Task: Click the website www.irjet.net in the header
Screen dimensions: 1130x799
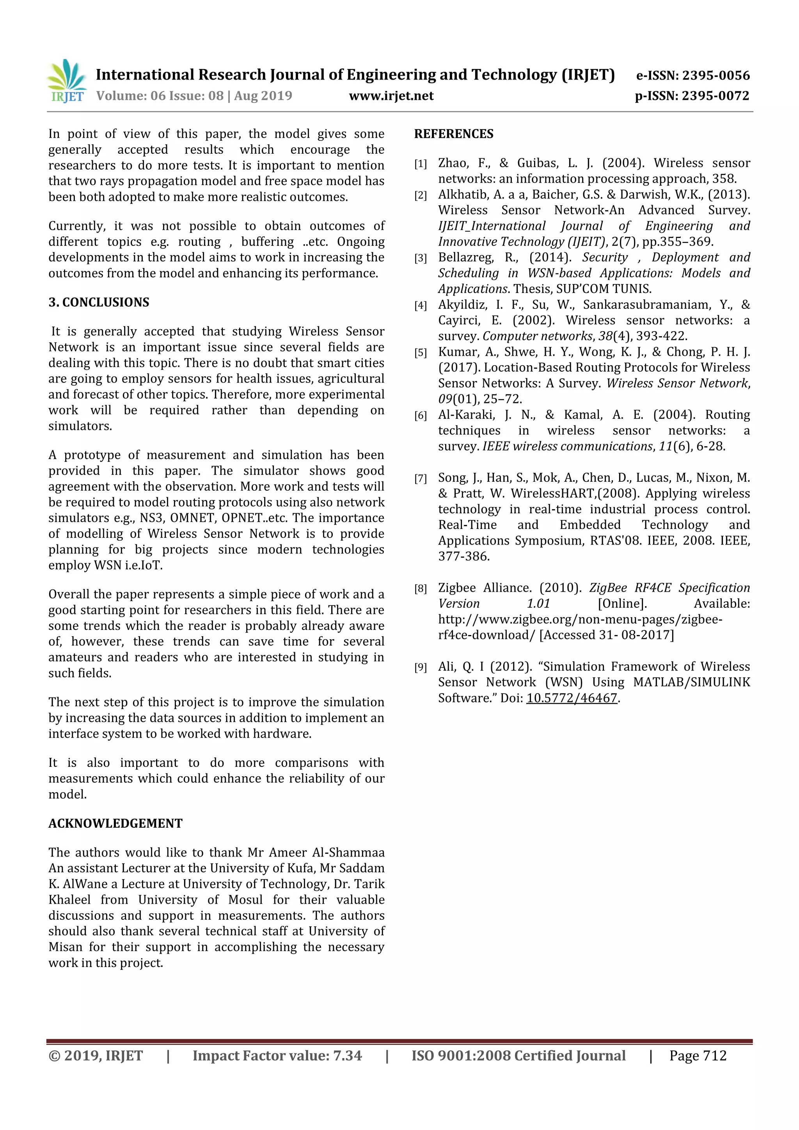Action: point(391,96)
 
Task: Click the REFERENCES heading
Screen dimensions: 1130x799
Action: point(453,134)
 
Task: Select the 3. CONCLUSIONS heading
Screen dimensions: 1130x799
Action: point(98,302)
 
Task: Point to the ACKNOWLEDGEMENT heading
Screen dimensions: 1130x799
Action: point(115,823)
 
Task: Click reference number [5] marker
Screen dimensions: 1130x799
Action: point(421,353)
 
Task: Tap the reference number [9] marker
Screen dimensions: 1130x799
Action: point(421,668)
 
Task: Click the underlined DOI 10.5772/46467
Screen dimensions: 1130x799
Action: point(572,698)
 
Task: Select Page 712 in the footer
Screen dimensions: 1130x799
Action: point(698,1055)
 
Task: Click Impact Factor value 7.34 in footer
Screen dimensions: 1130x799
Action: point(277,1055)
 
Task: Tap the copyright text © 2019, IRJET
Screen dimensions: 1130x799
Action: point(96,1055)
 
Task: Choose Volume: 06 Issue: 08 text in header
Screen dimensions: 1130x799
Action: point(160,96)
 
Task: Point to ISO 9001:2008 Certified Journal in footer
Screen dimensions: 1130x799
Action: point(518,1055)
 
